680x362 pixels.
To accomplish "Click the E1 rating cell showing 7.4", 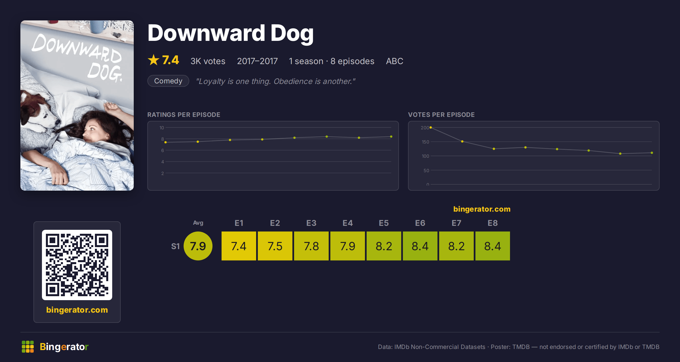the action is point(239,246).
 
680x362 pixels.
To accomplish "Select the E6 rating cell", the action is point(420,246).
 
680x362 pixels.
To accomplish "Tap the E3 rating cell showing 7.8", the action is point(311,246).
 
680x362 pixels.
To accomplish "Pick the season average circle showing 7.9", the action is point(198,246).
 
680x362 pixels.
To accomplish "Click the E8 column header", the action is point(493,223).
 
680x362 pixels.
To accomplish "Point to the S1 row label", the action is point(175,246).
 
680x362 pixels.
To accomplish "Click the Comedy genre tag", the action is point(168,81).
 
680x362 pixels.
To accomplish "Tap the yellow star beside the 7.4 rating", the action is point(154,60).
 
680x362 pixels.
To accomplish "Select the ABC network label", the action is point(394,61).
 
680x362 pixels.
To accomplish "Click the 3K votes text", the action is point(208,61).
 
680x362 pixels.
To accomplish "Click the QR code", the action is point(77,265).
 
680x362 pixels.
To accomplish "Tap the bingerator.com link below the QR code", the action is point(77,310).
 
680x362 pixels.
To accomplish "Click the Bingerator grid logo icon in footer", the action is point(28,347).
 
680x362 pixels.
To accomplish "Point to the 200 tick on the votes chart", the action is point(425,128).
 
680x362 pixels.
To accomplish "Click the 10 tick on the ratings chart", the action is point(161,128).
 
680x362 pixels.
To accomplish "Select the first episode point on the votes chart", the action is point(431,127).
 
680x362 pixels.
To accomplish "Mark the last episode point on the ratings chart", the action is point(391,137).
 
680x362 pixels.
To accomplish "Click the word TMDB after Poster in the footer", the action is point(521,347).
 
